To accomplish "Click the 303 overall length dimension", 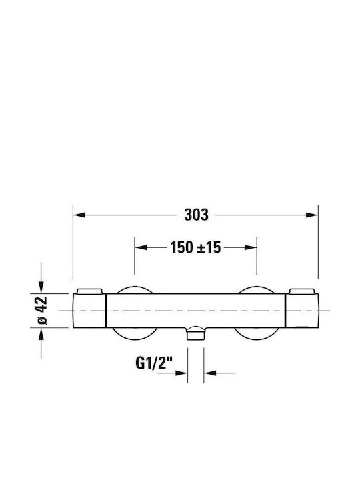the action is click(x=196, y=215).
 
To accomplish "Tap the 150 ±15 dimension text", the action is click(x=195, y=247).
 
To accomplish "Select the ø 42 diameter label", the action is click(x=42, y=311).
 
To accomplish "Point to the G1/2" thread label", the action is click(x=154, y=363).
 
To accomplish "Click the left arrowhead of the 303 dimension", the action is click(x=79, y=215).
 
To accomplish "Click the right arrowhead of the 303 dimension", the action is click(x=312, y=215).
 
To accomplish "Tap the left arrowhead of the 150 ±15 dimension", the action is click(x=141, y=247).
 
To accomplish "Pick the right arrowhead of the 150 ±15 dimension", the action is click(x=251, y=247).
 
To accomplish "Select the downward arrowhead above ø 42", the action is click(x=41, y=287).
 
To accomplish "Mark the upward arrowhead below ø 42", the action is click(x=41, y=334).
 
